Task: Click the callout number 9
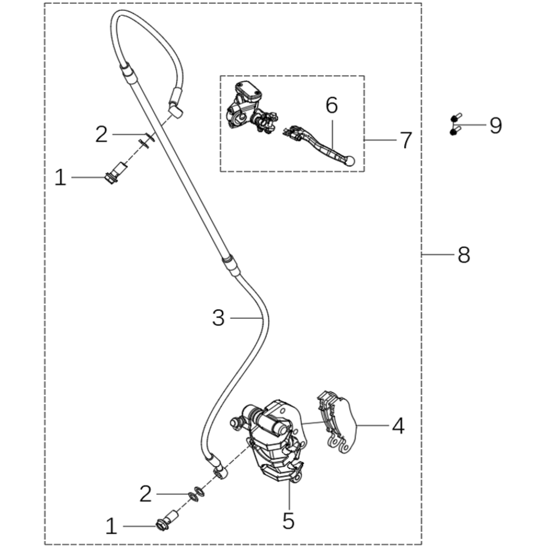(495, 126)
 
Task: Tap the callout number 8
(464, 255)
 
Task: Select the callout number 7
(406, 140)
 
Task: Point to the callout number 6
(331, 105)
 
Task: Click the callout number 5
(288, 521)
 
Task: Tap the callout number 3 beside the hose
(218, 318)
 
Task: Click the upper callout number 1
(60, 177)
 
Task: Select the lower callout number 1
(111, 526)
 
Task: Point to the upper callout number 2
(101, 134)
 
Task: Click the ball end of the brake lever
(350, 161)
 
